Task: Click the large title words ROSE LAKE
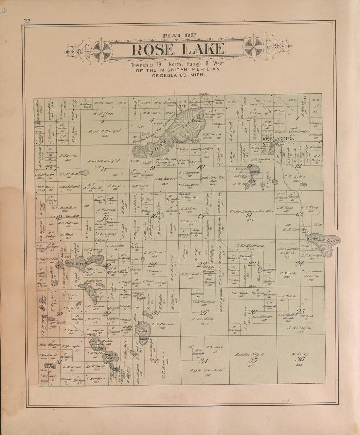[178, 49]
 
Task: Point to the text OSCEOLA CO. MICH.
[178, 75]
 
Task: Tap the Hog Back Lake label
[79, 261]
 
